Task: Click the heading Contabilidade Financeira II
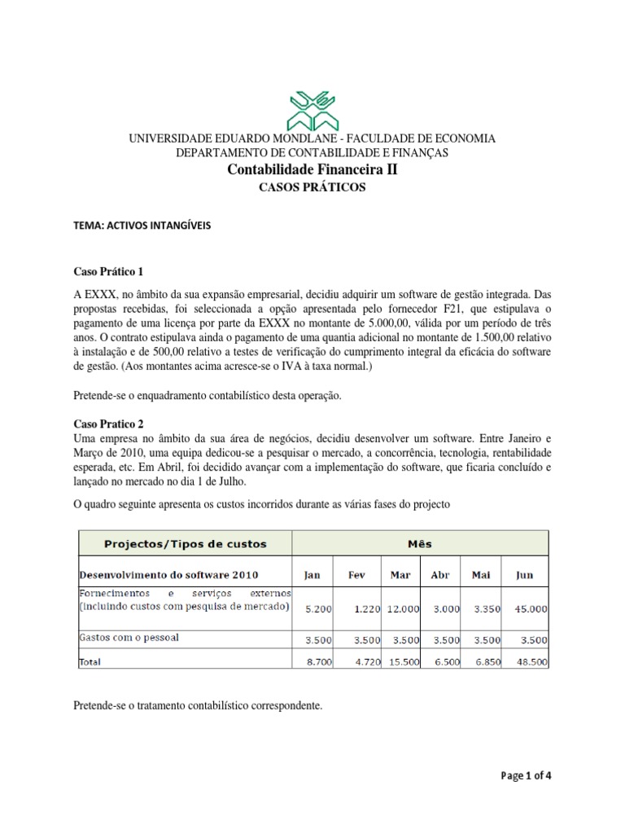point(312,170)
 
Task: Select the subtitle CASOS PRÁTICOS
point(312,188)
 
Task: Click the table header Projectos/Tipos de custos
point(185,543)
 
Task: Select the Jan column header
point(312,574)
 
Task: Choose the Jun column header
point(525,574)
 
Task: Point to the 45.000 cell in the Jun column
point(529,608)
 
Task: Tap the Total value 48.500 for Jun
point(529,665)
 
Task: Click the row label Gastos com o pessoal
point(129,638)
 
